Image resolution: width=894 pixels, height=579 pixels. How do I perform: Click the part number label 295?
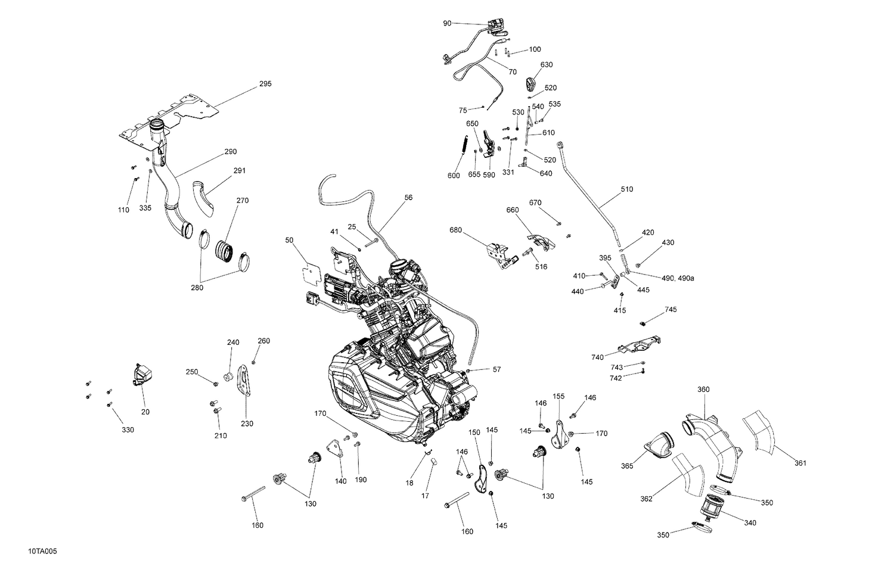coord(265,84)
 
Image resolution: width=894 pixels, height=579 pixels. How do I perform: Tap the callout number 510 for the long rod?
coord(626,189)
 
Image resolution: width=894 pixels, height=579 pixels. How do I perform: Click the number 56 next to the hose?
coord(408,197)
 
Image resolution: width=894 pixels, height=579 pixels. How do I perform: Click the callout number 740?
coord(598,357)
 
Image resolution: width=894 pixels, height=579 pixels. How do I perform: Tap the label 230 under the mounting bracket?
coord(247,424)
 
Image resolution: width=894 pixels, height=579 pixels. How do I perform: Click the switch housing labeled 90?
coord(496,25)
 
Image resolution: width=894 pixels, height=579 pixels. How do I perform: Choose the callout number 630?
coord(547,64)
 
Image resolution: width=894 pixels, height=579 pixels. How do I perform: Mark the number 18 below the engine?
coord(409,483)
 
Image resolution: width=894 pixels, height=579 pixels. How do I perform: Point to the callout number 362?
coord(646,499)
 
